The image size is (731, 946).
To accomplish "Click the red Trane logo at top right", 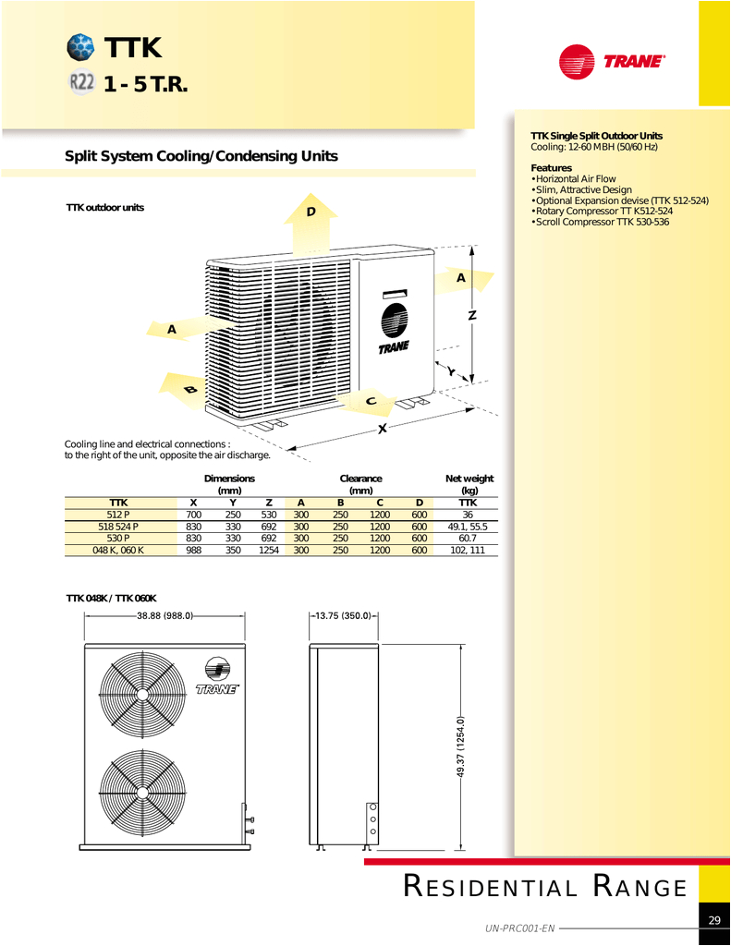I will (612, 62).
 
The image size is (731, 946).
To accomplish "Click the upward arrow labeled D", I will (311, 224).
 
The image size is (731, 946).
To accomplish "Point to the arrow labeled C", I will (367, 401).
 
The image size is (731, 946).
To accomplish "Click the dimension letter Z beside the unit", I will (472, 316).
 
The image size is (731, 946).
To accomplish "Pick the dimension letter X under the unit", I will (381, 429).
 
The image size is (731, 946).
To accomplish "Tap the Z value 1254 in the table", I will (269, 550).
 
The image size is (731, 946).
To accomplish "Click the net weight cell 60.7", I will (468, 538).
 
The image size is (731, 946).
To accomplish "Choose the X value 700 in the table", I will (194, 515).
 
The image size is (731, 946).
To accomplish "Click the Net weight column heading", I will (469, 484).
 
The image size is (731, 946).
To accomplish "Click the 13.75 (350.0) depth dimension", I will (342, 615).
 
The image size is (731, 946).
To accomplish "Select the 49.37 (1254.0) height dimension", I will (459, 746).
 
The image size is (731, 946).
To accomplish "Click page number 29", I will (714, 920).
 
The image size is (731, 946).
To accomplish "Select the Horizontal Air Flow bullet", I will (575, 178).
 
